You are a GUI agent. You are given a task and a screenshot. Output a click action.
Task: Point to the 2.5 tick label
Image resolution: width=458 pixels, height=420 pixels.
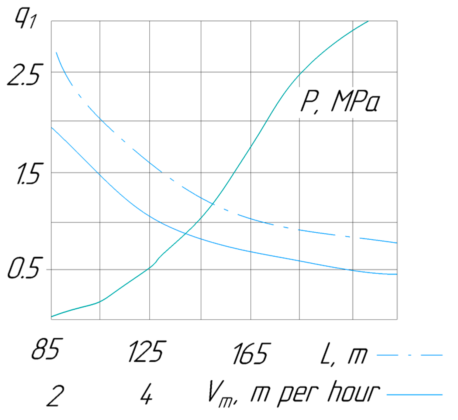click(23, 75)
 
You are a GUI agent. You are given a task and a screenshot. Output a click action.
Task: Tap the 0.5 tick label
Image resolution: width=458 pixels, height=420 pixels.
click(23, 268)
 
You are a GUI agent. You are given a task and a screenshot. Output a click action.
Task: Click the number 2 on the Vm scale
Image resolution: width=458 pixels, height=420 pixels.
click(55, 396)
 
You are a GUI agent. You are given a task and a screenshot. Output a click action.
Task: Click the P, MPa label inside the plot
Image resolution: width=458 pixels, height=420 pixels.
click(340, 101)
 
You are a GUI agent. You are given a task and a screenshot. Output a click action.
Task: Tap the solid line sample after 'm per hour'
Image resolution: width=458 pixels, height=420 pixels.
click(414, 395)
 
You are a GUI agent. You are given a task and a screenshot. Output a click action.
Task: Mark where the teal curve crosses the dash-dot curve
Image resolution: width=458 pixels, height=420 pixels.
click(213, 204)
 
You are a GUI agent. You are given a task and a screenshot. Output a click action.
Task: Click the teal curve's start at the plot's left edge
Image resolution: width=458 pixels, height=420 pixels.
click(52, 317)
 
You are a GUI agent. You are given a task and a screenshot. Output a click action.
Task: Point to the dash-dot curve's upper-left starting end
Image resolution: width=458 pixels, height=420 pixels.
click(56, 52)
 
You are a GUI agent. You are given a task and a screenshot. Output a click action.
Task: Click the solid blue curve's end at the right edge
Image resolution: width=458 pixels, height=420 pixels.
click(396, 274)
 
